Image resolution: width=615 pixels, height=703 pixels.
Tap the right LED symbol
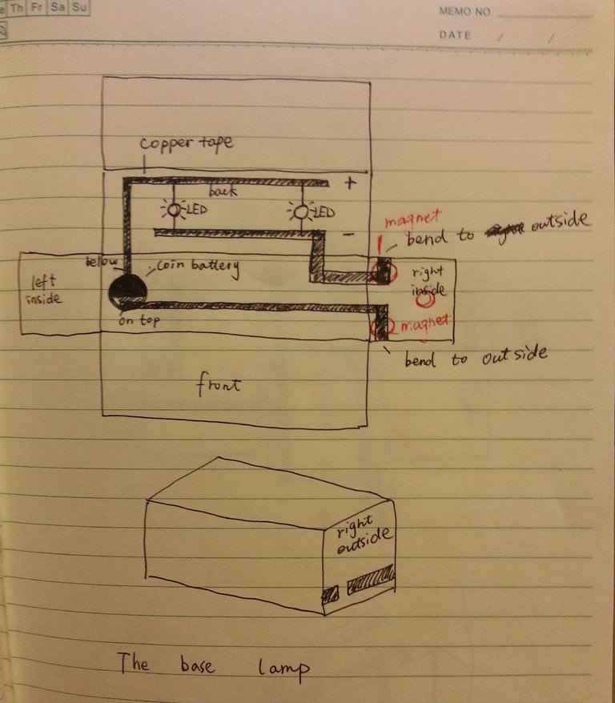[x=301, y=212]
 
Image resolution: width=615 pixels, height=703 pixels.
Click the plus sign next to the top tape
[x=349, y=183]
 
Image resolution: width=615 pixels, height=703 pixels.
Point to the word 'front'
[x=219, y=386]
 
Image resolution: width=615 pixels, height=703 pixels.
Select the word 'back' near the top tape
[x=221, y=193]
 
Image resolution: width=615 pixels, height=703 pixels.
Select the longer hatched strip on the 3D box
[x=372, y=577]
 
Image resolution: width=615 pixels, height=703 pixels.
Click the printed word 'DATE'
[x=455, y=35]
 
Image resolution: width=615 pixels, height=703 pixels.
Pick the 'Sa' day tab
[x=57, y=6]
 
